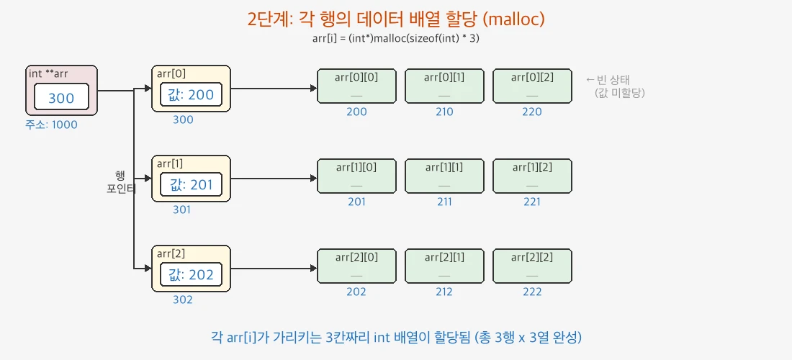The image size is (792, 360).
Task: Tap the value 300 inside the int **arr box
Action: point(61,97)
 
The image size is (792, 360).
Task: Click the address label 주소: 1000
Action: point(51,125)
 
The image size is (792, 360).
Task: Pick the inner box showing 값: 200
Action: point(191,95)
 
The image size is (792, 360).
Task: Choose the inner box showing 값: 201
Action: point(191,185)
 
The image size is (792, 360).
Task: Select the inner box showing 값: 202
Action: point(191,275)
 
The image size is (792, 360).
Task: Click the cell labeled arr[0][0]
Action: point(356,86)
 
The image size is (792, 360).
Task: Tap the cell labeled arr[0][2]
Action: point(532,86)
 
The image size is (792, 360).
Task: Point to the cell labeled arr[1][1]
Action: point(444,176)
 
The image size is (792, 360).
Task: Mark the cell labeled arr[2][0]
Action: point(356,266)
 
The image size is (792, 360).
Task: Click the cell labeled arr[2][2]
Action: point(532,266)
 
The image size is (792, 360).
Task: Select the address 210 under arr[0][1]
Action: point(444,112)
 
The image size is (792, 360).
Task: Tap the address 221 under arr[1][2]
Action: point(532,202)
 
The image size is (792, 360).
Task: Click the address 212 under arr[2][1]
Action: point(444,292)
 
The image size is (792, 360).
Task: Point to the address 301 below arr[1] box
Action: point(183,210)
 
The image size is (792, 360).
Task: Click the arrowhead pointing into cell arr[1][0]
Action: point(312,179)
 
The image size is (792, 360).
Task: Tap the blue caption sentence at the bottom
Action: point(396,336)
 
